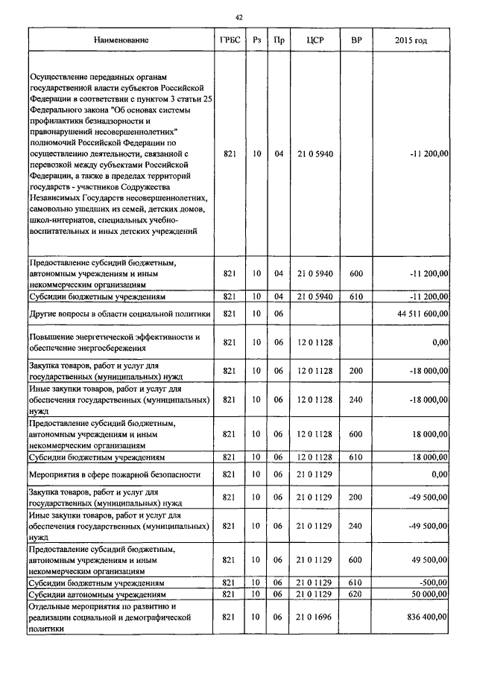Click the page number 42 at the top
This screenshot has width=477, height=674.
[238, 16]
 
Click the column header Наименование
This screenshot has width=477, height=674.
[121, 39]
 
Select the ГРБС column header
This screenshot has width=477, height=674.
[230, 39]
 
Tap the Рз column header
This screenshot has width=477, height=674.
[256, 39]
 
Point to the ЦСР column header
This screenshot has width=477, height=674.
[315, 39]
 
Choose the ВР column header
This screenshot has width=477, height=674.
[356, 39]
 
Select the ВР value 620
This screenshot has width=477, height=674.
[356, 594]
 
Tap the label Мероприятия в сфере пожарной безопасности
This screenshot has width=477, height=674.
[115, 474]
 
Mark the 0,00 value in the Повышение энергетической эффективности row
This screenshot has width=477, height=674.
[440, 342]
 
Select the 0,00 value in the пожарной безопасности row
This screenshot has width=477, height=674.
[440, 474]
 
